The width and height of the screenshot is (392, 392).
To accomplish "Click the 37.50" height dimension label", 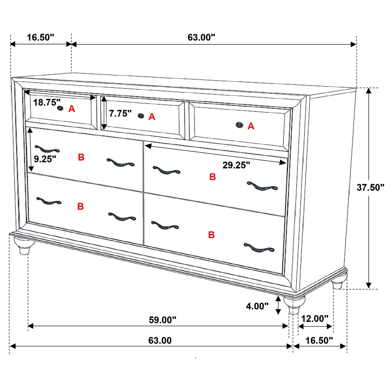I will point(370,187).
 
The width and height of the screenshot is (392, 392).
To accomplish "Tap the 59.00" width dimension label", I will point(162,320).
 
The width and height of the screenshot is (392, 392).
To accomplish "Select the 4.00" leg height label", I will point(257,306).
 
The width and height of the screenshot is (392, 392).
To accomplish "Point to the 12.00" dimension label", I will point(315,319).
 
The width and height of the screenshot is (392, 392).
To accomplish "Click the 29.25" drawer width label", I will point(236,165).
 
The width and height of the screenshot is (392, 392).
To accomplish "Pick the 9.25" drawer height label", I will point(45,159).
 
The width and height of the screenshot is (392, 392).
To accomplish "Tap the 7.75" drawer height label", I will point(120,113).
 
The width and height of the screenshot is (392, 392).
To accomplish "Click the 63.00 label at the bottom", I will point(160,340).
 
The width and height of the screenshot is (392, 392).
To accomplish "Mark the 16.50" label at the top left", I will point(40,37).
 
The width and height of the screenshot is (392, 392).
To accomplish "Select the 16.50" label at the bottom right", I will point(319,340).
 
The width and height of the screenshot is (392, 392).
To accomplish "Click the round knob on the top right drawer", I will point(239,125).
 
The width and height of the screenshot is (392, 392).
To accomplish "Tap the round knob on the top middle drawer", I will point(140,116).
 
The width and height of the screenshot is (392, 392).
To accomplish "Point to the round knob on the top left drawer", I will point(60,108).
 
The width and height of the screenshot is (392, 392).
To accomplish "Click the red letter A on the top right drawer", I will point(251,126).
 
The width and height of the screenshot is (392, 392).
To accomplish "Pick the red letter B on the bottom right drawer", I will point(211,235).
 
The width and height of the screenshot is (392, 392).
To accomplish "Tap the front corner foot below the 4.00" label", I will point(294,305).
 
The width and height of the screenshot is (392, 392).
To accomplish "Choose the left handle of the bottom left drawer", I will point(48,201).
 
